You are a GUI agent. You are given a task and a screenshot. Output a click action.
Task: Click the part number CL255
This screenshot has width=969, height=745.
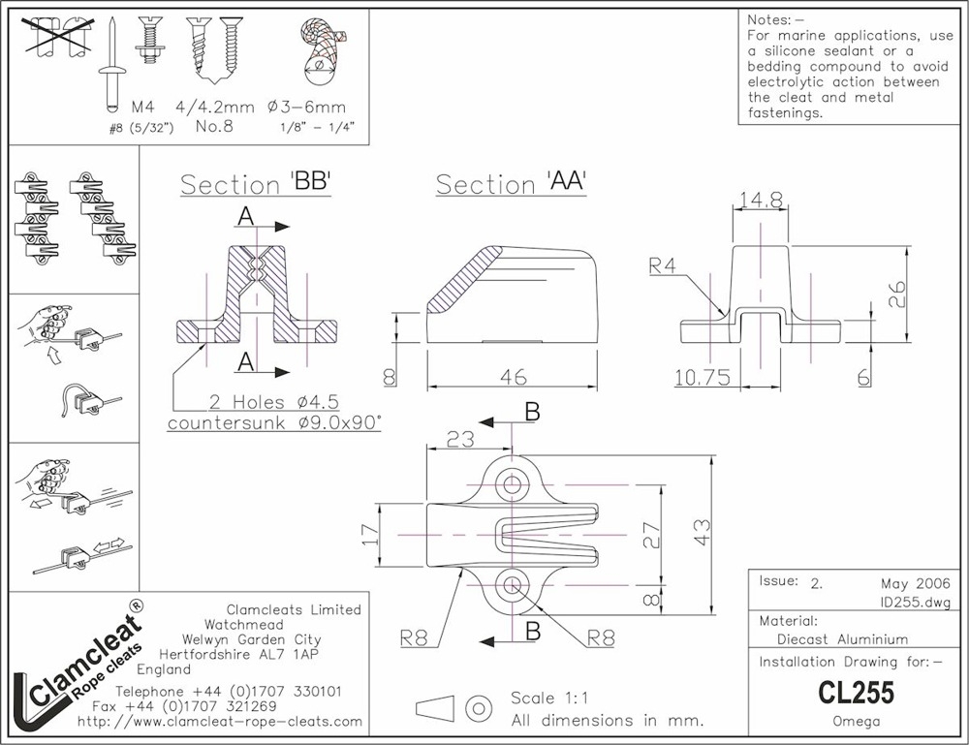point(855,694)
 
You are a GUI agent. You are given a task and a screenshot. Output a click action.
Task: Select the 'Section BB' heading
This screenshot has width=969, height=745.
point(256,184)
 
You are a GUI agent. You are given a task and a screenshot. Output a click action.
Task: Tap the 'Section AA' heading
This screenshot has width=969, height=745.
point(511,184)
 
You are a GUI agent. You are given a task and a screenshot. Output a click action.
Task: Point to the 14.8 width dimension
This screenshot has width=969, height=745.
point(761,200)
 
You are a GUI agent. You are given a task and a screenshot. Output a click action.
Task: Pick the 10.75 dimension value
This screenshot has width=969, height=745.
point(701,377)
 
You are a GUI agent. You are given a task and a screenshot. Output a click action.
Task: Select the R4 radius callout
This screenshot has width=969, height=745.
point(664,265)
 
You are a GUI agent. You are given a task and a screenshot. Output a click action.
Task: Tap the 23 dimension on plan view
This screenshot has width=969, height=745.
point(460,439)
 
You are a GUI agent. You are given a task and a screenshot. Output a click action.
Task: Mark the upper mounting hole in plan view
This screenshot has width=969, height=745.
point(511,483)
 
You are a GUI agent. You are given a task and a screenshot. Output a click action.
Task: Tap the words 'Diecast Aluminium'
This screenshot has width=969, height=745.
point(842,638)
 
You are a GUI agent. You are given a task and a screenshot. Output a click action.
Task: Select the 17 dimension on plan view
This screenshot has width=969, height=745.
point(369,535)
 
